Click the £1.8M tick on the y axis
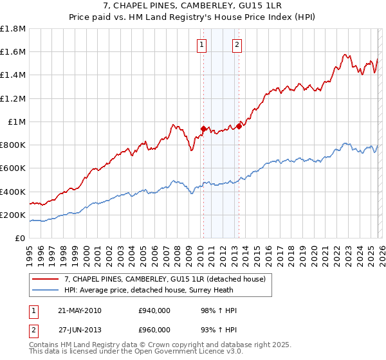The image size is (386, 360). tap(13, 29)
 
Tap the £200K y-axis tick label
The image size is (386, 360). tap(13, 215)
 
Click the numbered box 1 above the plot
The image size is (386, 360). tap(203, 44)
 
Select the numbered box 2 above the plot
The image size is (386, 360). tap(237, 44)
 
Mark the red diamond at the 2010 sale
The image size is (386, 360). tap(203, 129)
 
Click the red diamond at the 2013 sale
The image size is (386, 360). tap(239, 126)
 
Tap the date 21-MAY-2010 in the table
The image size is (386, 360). tap(80, 310)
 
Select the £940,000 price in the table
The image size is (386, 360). tap(154, 310)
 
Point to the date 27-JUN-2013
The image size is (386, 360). tap(80, 330)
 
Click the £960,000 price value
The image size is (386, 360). tap(154, 330)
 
